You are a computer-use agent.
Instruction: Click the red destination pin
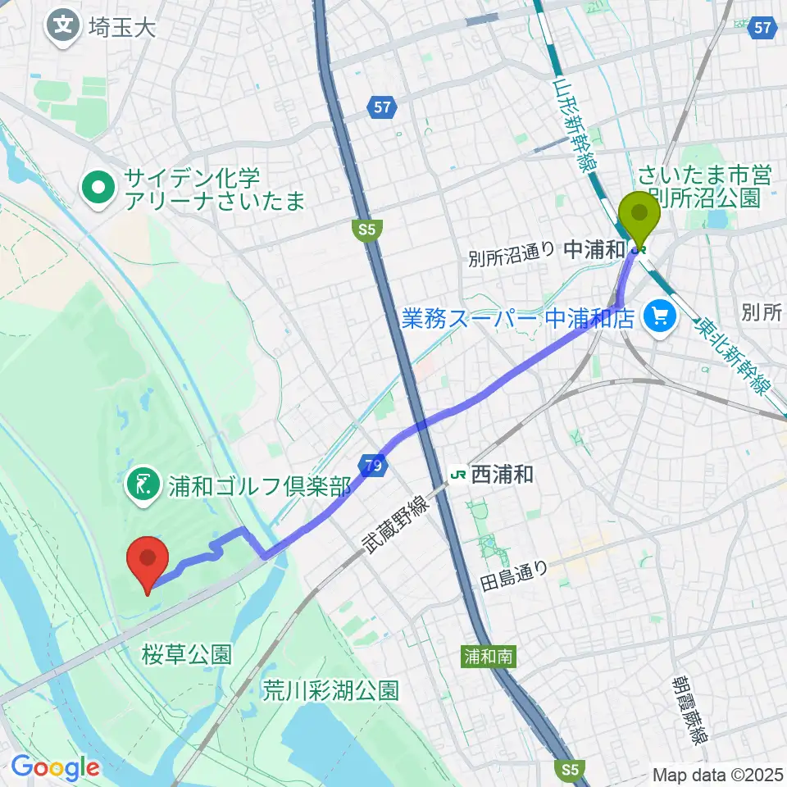coord(148,561)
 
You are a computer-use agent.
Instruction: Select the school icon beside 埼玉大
coord(63,26)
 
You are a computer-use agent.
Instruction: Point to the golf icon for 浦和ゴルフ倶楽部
coord(143,486)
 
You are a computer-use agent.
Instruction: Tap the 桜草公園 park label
coord(186,654)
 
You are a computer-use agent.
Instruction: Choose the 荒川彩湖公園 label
coord(330,691)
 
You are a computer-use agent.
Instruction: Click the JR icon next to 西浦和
coord(459,474)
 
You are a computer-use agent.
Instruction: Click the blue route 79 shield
coord(373,466)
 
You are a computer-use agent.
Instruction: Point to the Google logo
coord(55,767)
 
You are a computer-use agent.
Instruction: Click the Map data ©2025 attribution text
coord(717,774)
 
